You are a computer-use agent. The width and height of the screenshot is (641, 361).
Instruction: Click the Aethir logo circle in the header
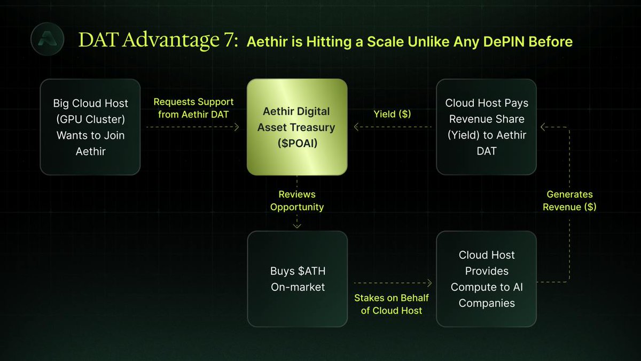pyautogui.click(x=47, y=39)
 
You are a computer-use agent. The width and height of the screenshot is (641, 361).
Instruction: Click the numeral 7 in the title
pyautogui.click(x=229, y=40)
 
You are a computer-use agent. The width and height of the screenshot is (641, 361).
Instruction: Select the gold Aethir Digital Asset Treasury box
pyautogui.click(x=297, y=127)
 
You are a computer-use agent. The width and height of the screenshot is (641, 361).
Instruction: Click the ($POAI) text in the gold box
pyautogui.click(x=298, y=143)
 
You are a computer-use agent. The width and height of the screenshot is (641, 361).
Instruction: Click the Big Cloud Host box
pyautogui.click(x=90, y=127)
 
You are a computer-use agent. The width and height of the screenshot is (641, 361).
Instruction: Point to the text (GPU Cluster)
pyautogui.click(x=90, y=119)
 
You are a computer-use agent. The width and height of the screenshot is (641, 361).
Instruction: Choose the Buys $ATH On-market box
pyautogui.click(x=298, y=279)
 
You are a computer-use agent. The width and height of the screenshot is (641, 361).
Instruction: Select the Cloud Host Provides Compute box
pyautogui.click(x=487, y=279)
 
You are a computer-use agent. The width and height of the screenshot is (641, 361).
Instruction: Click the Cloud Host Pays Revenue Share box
pyautogui.click(x=487, y=127)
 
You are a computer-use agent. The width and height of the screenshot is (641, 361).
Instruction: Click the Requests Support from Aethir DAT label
pyautogui.click(x=193, y=108)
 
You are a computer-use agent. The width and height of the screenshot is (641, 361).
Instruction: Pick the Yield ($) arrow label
pyautogui.click(x=392, y=114)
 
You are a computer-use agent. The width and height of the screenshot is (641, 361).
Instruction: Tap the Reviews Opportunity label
pyautogui.click(x=297, y=201)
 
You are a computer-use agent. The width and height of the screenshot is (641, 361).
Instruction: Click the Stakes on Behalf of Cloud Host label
pyautogui.click(x=392, y=304)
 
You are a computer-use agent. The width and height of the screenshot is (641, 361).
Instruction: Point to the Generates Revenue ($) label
pyautogui.click(x=569, y=201)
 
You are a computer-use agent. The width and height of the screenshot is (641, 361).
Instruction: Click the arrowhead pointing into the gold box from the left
pyautogui.click(x=237, y=127)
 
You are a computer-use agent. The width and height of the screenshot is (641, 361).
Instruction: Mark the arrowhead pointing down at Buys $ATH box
pyautogui.click(x=297, y=226)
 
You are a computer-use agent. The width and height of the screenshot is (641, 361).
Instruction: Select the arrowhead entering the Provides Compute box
pyautogui.click(x=429, y=283)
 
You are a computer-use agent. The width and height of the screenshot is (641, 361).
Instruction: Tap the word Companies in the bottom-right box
pyautogui.click(x=487, y=303)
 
